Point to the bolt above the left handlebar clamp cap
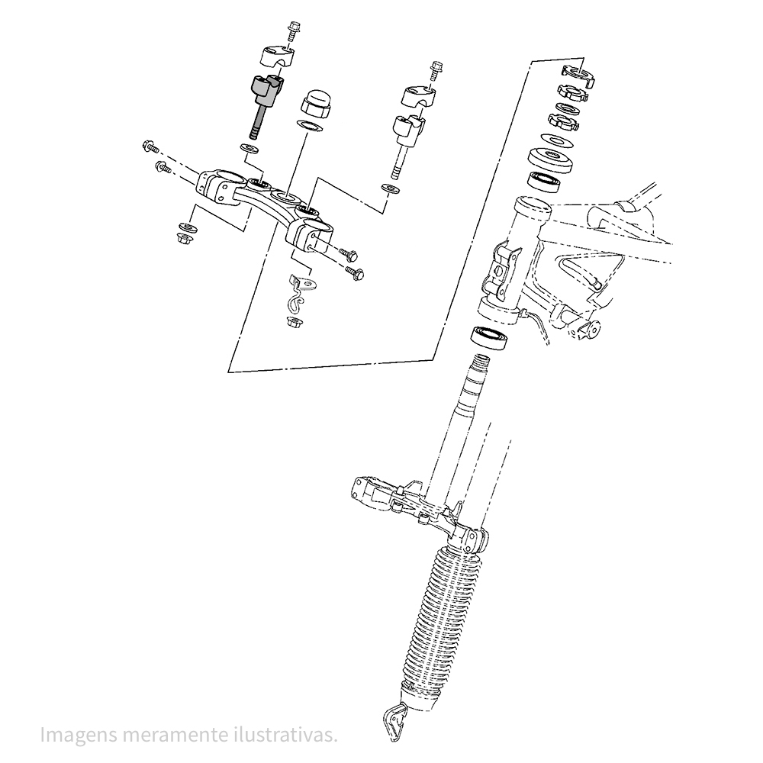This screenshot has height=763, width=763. (293, 30)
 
